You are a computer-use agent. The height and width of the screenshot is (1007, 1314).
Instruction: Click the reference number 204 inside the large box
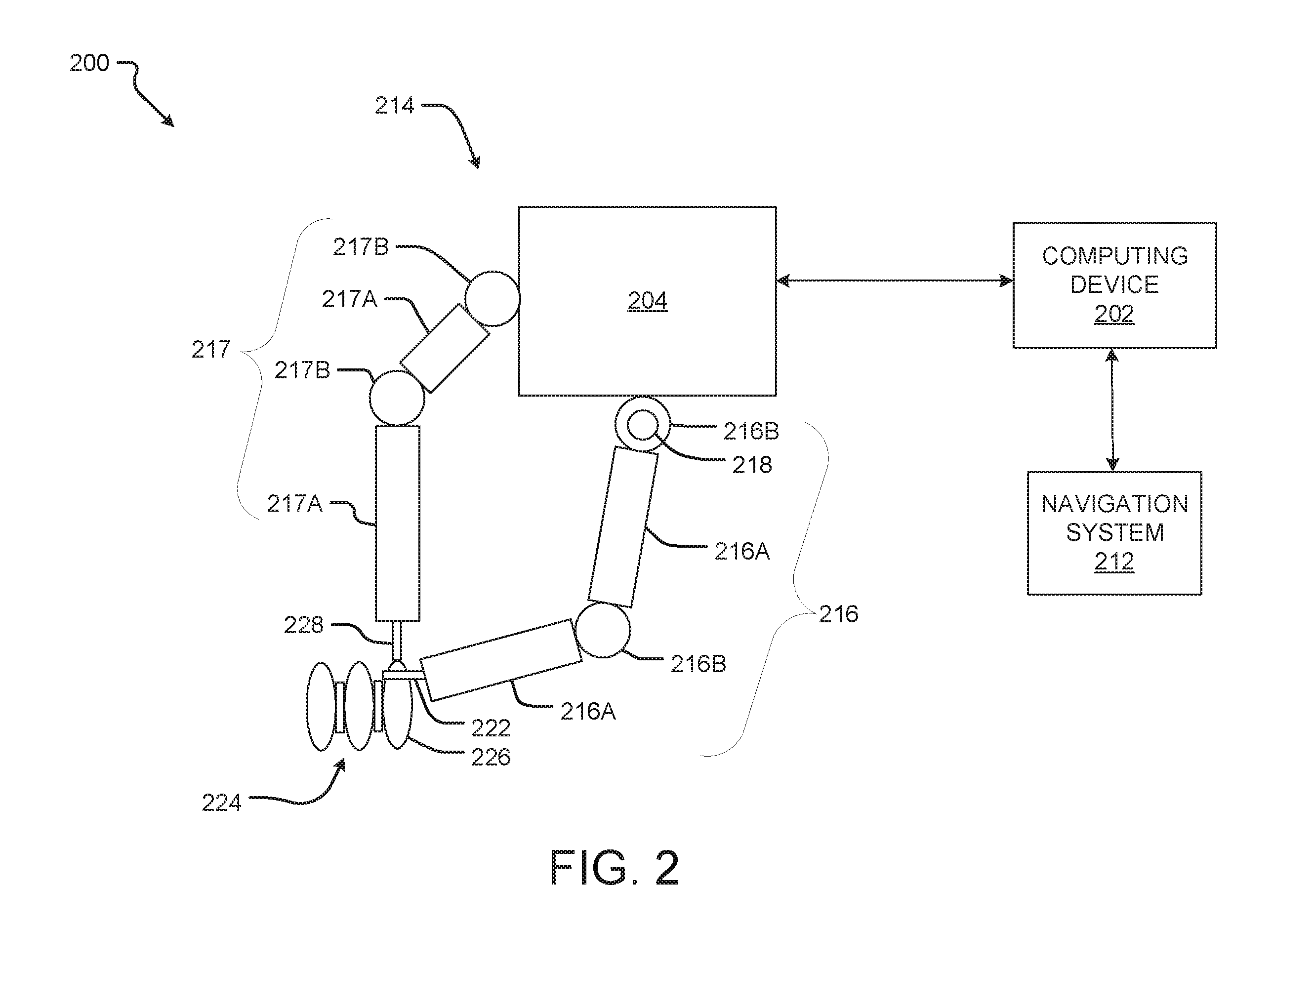(x=648, y=300)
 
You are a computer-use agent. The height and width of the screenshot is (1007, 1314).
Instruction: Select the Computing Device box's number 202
(x=1114, y=314)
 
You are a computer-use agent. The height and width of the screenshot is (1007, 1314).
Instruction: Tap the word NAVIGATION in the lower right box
(x=1114, y=504)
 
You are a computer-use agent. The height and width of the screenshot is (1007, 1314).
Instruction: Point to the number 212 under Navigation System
(x=1114, y=562)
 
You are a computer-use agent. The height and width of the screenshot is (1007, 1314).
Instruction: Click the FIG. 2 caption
(x=615, y=868)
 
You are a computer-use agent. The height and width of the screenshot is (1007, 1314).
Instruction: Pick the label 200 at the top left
(x=89, y=63)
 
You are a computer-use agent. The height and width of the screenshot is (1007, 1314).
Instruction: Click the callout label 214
(x=394, y=106)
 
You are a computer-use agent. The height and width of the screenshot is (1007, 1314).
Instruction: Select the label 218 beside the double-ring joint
(x=752, y=465)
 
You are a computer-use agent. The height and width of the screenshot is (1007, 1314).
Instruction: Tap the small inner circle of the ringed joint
(x=643, y=426)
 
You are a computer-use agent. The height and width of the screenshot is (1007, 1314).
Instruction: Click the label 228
(x=303, y=625)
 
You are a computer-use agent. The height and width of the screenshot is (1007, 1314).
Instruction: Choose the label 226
(x=491, y=758)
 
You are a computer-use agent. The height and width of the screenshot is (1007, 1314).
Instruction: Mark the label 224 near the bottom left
(x=221, y=803)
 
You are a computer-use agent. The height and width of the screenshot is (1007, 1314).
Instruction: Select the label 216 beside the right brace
(x=839, y=614)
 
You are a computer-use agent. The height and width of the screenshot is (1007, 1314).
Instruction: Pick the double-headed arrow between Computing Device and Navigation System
(x=1112, y=410)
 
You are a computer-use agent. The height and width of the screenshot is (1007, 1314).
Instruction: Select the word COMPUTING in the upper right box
(x=1114, y=256)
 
